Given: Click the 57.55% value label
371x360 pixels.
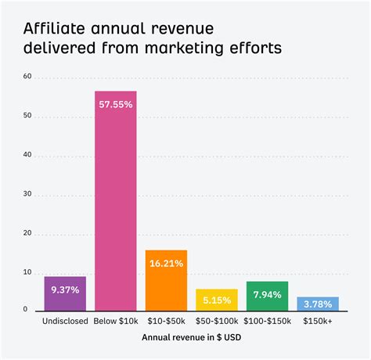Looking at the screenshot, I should (x=116, y=102).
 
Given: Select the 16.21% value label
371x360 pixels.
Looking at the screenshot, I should (x=166, y=263).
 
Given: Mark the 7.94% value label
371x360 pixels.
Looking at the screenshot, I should (x=268, y=294).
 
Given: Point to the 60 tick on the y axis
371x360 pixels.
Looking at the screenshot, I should (x=27, y=77).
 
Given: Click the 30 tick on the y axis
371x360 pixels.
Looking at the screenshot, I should (x=27, y=193).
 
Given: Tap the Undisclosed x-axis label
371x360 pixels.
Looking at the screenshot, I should (x=65, y=321).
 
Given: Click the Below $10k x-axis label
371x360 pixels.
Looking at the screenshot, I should (x=116, y=321).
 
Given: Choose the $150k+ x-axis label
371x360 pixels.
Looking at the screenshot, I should (x=318, y=321).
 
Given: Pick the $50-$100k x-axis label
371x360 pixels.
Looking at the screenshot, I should (x=217, y=321).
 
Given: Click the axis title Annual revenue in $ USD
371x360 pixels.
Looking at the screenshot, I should (x=191, y=338).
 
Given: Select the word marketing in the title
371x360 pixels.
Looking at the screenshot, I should (x=196, y=49).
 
